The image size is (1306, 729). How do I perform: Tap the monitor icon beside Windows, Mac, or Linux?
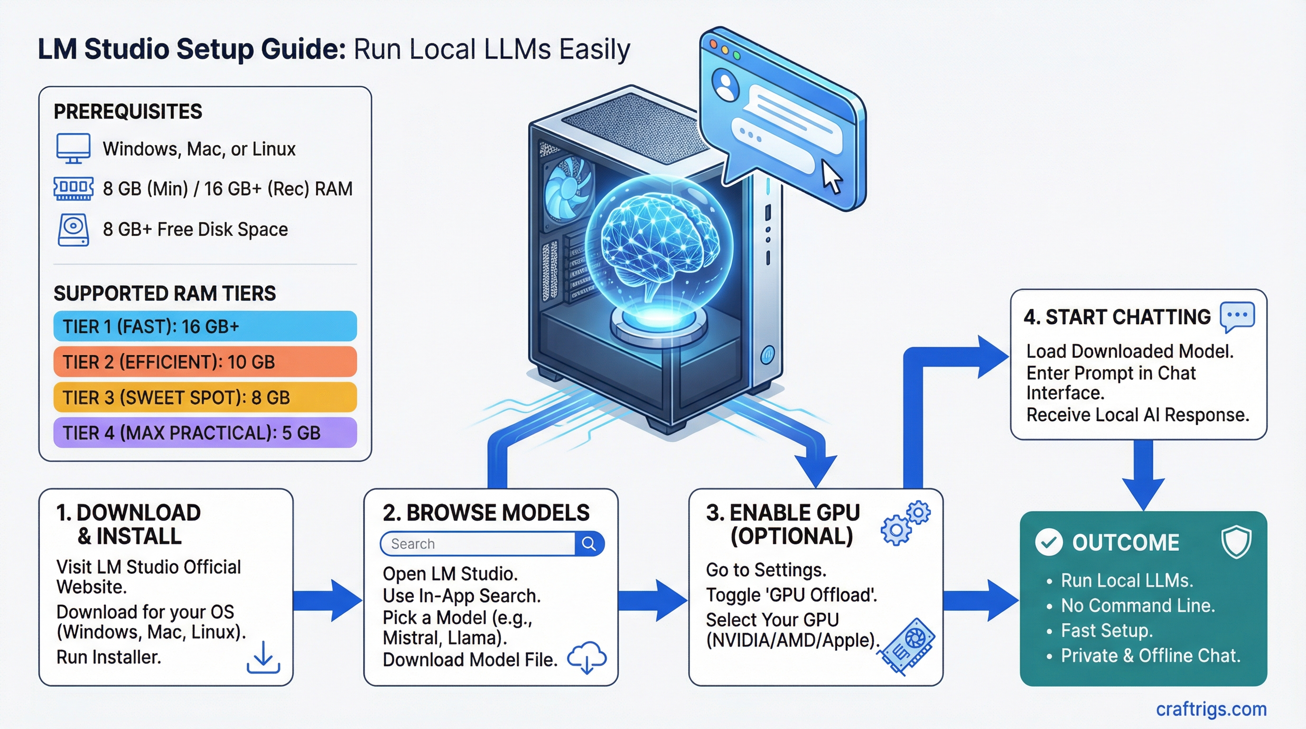click(73, 148)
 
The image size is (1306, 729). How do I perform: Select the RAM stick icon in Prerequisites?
click(73, 188)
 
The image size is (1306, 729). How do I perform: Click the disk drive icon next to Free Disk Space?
click(73, 230)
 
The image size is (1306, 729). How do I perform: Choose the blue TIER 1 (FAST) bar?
click(205, 326)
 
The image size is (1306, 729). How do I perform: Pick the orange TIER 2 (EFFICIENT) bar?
click(205, 362)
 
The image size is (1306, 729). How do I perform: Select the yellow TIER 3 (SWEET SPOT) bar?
click(205, 397)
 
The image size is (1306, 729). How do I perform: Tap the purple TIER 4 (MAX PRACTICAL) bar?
click(205, 432)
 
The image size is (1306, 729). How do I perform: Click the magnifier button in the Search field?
click(588, 543)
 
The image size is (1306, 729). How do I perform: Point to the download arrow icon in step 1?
click(263, 657)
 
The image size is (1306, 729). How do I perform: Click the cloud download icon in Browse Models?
click(587, 657)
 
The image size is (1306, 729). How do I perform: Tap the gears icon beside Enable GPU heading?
click(905, 523)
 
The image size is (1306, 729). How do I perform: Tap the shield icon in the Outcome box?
click(1236, 542)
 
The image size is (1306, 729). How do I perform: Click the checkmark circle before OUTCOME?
click(1048, 542)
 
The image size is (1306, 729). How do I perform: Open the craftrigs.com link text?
click(1211, 709)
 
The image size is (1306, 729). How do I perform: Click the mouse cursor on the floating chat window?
click(831, 177)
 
